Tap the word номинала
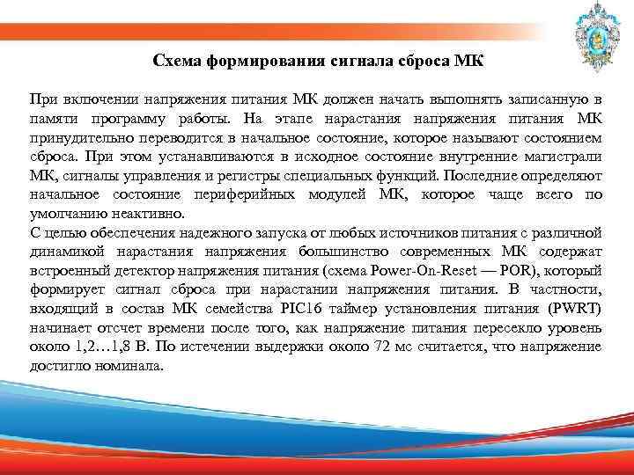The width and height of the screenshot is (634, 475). point(133,366)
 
